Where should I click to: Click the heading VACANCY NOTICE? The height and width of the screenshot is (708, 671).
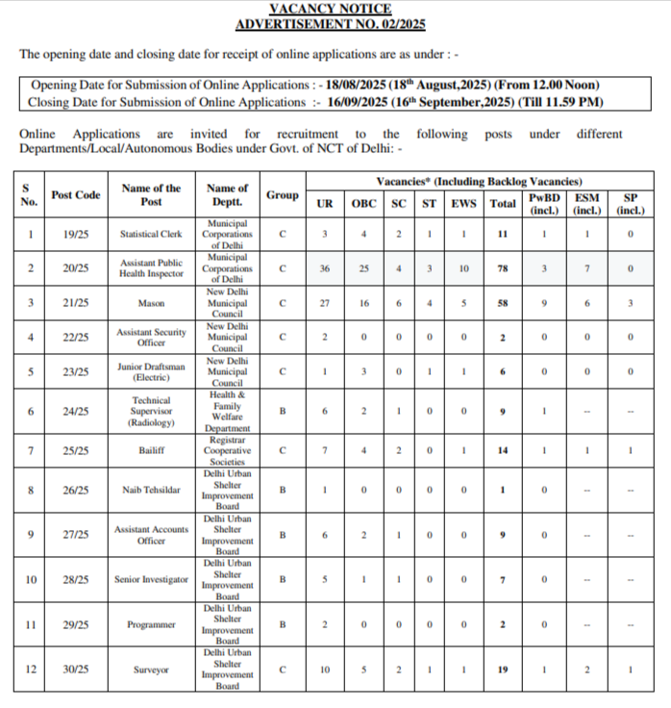point(330,9)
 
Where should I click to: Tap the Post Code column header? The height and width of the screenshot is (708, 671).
point(76,195)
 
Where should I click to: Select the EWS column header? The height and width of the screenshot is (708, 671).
point(463,203)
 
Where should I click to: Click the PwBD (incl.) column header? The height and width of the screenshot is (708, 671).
point(544,203)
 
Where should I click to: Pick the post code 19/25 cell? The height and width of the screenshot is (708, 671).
point(76,234)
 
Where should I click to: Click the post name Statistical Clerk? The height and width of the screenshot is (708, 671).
point(152,234)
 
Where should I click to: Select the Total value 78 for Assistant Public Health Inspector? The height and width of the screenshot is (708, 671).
point(502,268)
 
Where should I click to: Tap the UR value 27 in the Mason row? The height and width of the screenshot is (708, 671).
point(325,303)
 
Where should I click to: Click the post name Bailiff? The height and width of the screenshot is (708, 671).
point(152,450)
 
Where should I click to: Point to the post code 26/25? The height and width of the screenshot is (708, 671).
point(76,491)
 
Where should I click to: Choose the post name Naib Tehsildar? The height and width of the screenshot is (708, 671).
point(152,491)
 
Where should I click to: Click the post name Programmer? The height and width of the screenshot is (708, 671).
point(152,624)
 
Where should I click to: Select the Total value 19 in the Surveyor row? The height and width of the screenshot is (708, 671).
point(502,670)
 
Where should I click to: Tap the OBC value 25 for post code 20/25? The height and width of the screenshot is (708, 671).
point(364,268)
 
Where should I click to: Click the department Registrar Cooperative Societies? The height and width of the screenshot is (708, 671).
point(228,450)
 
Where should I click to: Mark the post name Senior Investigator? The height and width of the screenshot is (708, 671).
point(152,580)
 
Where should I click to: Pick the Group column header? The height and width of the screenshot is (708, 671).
point(283,195)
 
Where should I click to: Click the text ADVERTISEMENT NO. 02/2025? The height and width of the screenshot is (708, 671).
point(330,25)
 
